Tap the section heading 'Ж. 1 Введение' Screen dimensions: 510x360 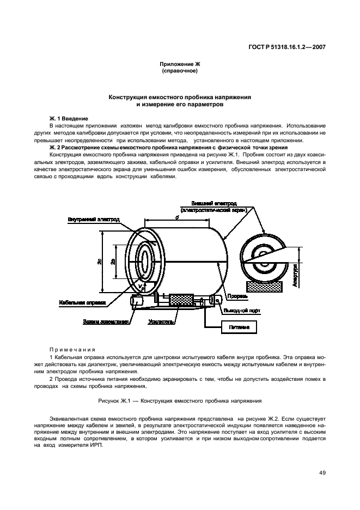coord(68,118)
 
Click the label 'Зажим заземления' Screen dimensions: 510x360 coord(106,321)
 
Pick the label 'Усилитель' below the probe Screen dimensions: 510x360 coord(161,322)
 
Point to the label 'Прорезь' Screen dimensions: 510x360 coord(237,296)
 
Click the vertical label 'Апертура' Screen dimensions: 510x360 coord(294,275)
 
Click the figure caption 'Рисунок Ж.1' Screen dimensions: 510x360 coord(179,399)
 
